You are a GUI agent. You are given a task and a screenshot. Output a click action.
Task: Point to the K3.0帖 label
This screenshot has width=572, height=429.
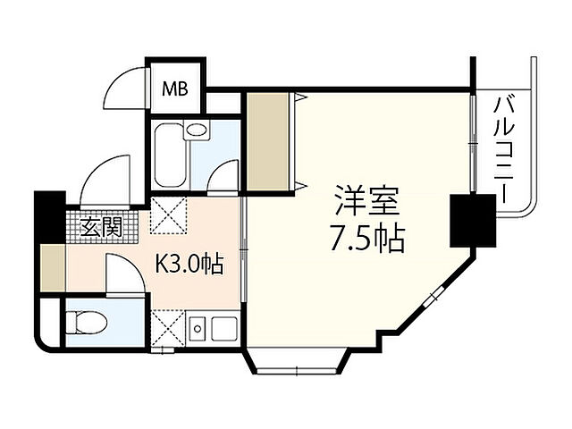[190, 265]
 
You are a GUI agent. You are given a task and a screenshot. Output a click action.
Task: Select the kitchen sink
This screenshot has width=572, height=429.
[220, 330]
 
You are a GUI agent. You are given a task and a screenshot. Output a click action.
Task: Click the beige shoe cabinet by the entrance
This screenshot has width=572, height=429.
[52, 266]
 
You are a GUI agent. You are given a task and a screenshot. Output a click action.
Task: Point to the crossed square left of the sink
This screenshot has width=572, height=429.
[167, 328]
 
